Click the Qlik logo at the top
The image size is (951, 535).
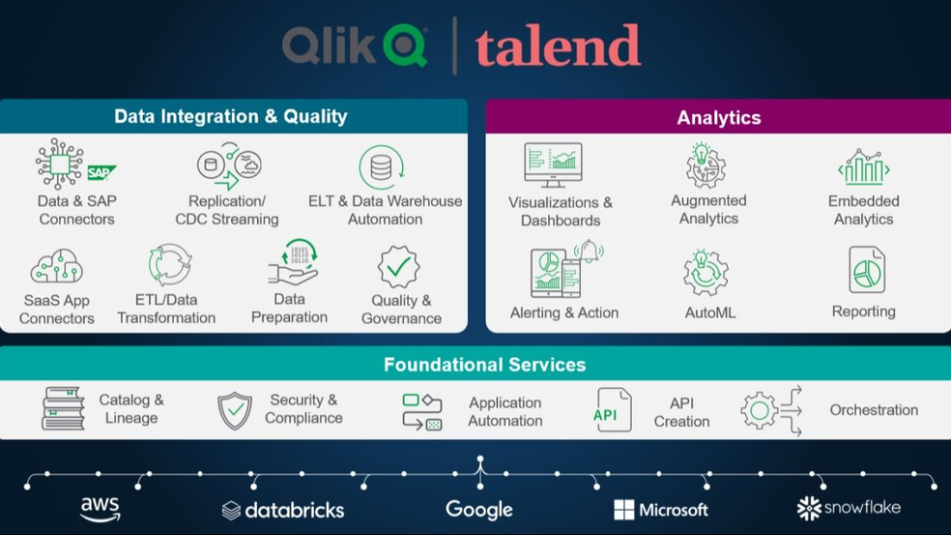click(x=355, y=45)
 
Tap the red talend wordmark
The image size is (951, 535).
click(x=558, y=45)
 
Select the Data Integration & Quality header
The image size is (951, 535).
click(x=230, y=116)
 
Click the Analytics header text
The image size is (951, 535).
click(x=719, y=117)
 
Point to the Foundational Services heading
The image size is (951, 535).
click(x=484, y=365)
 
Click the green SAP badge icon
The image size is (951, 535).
click(x=101, y=172)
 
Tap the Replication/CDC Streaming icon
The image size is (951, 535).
click(x=229, y=165)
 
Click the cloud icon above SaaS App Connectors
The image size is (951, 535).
click(x=56, y=266)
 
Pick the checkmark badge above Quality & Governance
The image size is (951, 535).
click(x=398, y=267)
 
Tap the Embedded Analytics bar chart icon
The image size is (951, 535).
click(x=864, y=167)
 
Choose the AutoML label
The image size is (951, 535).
click(x=709, y=312)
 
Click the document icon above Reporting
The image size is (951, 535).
click(x=867, y=270)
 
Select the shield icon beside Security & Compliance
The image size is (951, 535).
click(x=235, y=410)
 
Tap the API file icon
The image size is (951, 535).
click(x=612, y=410)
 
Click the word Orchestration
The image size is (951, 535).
click(x=874, y=410)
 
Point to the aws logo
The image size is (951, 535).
click(x=101, y=509)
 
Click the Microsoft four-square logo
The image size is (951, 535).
click(x=624, y=510)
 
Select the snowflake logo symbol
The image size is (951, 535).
click(x=809, y=508)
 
